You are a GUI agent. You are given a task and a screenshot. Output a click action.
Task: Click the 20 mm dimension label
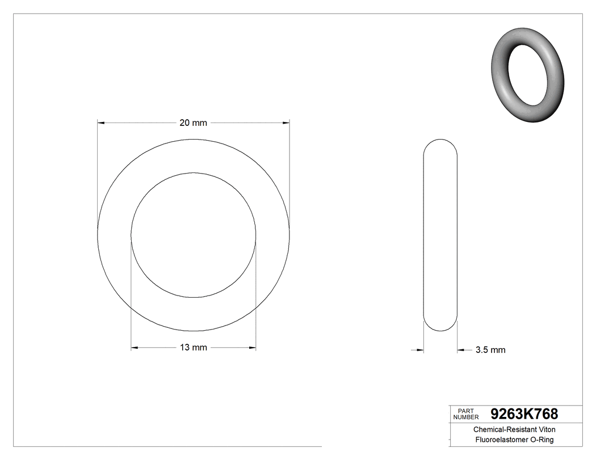coord(193,123)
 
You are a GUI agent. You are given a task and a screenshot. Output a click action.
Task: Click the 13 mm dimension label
coord(193,348)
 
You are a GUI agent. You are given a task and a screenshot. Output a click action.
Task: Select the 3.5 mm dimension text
coord(490,350)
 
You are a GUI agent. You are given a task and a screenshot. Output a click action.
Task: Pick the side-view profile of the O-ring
coord(440,235)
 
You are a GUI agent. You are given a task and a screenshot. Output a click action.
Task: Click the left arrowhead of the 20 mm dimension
coord(101,123)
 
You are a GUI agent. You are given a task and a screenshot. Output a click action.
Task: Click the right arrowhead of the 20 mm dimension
coord(286,123)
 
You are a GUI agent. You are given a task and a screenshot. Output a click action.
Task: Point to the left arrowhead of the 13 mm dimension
coord(135,348)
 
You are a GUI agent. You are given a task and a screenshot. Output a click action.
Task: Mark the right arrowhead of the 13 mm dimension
coord(253,348)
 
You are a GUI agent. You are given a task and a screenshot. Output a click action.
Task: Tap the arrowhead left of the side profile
coord(421,350)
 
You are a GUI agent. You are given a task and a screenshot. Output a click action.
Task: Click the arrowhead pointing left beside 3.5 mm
coord(460,350)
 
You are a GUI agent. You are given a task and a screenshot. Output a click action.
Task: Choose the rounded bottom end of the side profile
coord(440,327)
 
